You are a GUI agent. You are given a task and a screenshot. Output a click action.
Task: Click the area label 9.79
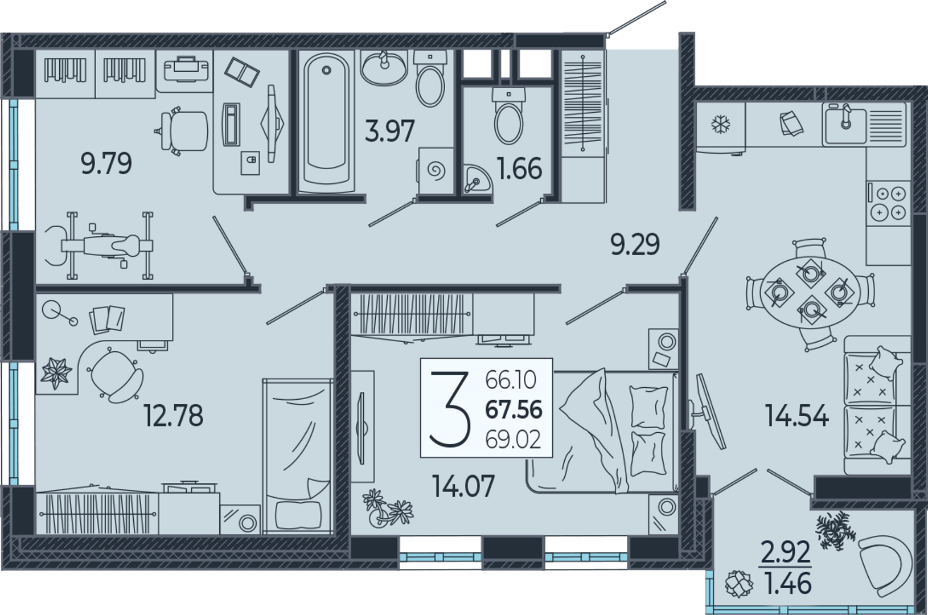click(x=106, y=163)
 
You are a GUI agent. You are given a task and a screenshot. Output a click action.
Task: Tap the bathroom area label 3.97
click(x=389, y=130)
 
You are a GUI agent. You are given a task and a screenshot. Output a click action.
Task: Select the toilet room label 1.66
click(x=520, y=168)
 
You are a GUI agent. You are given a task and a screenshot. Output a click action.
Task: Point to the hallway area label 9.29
click(x=635, y=244)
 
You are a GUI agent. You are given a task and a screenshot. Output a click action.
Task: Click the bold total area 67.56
click(x=514, y=409)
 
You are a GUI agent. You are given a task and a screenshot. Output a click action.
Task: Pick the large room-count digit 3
click(x=450, y=409)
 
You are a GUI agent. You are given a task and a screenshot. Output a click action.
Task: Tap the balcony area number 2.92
click(x=786, y=552)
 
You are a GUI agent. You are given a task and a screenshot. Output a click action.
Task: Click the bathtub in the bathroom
click(x=326, y=122)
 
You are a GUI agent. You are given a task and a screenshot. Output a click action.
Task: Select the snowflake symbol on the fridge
click(x=721, y=124)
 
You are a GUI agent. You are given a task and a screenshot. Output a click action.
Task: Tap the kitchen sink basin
click(x=845, y=126)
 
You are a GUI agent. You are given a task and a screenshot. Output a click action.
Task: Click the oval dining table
click(x=810, y=292)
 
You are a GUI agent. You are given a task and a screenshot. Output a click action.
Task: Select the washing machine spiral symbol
click(x=437, y=170)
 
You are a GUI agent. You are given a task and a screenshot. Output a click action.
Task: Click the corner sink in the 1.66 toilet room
click(x=477, y=179)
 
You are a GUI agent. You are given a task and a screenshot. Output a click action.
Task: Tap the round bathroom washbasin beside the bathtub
click(x=384, y=68)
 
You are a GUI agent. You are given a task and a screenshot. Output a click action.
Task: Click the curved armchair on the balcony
click(x=885, y=566)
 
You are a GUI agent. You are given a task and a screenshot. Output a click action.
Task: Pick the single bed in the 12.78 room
click(x=298, y=456)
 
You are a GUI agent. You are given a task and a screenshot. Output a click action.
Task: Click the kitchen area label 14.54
click(x=797, y=416)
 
